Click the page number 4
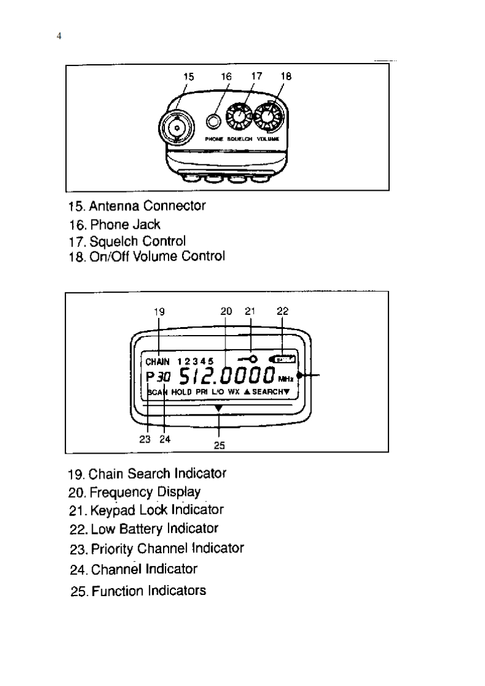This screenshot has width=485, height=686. click(x=59, y=37)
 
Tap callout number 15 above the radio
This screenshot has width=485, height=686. click(x=189, y=76)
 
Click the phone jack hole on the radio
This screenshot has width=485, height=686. click(x=213, y=122)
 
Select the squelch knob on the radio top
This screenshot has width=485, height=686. click(x=239, y=117)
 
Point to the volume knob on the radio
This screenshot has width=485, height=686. click(x=268, y=117)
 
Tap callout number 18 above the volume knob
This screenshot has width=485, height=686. click(x=286, y=76)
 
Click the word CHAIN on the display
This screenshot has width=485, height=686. click(x=157, y=361)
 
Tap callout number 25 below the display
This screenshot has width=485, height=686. click(x=219, y=446)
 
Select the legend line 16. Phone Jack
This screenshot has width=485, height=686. click(x=115, y=224)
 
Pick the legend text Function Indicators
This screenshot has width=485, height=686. click(x=148, y=591)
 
